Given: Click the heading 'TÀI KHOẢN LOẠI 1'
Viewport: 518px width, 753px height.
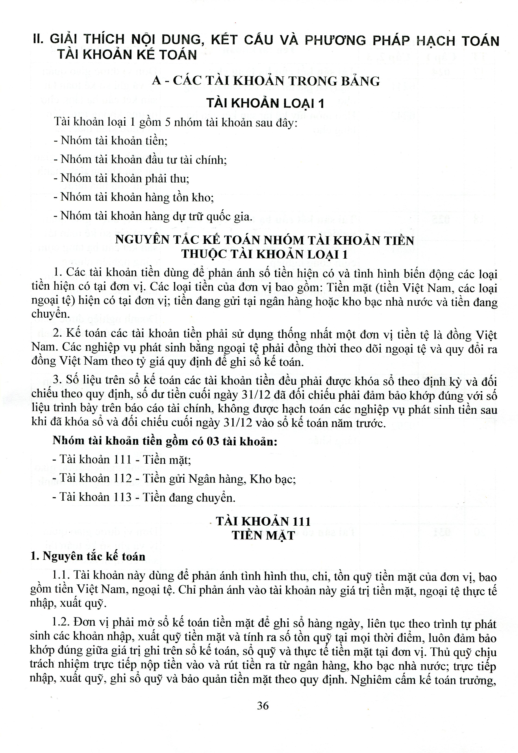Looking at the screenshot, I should (x=265, y=103).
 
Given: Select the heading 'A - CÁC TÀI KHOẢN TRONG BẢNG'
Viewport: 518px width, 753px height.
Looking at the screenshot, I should (x=266, y=81).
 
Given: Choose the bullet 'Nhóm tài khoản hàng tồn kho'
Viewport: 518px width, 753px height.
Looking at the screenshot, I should (x=133, y=197).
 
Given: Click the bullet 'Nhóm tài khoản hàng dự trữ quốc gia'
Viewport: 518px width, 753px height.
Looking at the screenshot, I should (x=153, y=216).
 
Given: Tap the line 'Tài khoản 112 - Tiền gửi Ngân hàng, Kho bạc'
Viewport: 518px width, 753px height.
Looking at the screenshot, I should (x=174, y=479).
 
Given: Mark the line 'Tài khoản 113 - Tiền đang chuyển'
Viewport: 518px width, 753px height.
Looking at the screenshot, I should (x=144, y=497).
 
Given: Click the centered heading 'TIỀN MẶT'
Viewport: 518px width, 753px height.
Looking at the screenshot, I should (x=263, y=535).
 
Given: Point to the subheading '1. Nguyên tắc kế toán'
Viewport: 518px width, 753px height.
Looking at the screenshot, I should (x=88, y=556).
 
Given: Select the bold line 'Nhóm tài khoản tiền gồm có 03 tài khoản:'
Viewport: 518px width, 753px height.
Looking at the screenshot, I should (x=165, y=441).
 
